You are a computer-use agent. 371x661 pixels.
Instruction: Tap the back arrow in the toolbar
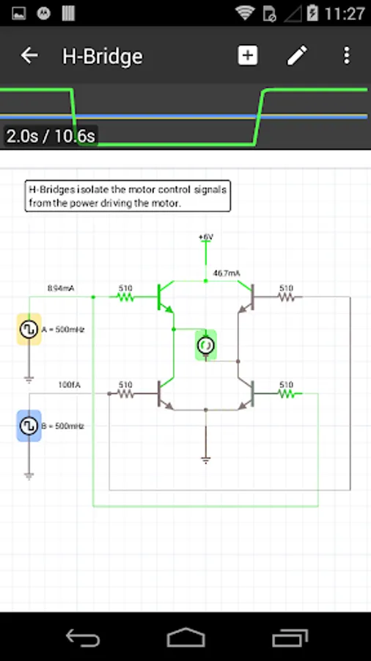tap(29, 56)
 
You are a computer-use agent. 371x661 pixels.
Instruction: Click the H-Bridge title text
tap(103, 57)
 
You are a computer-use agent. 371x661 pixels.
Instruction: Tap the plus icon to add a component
tap(248, 56)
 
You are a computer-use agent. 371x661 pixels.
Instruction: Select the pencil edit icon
tap(297, 56)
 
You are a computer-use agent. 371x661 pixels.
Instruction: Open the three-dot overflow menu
tap(346, 56)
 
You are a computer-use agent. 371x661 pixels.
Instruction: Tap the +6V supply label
tap(205, 237)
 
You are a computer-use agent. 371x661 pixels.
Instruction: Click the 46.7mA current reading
tap(227, 273)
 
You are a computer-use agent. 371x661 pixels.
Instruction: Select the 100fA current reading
tap(69, 384)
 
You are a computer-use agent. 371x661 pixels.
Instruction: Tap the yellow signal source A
tap(29, 330)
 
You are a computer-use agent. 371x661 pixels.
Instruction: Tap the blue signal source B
tap(29, 425)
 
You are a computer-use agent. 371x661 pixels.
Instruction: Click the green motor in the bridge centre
tap(206, 344)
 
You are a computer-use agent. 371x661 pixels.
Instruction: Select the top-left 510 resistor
tap(125, 297)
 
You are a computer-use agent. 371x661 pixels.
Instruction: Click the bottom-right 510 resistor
tap(287, 393)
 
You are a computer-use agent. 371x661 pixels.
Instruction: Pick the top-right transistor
tap(246, 297)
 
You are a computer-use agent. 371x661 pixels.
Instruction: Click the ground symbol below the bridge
tap(206, 459)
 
